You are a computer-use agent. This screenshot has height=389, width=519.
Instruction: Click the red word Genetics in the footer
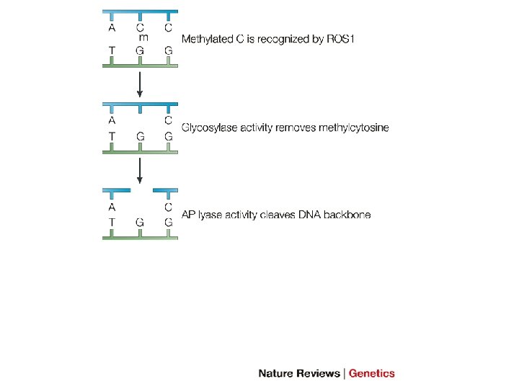coord(372,373)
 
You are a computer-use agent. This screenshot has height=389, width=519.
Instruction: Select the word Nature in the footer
coord(277,373)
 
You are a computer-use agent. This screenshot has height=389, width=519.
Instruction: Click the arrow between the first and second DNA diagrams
coord(141,84)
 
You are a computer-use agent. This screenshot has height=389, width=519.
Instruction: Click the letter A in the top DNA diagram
coord(112,28)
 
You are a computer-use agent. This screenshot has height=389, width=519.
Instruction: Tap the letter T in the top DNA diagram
coord(112,51)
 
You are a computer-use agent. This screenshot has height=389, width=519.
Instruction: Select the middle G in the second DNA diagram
coord(141,135)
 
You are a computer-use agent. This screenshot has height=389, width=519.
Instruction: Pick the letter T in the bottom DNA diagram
coord(112,223)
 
